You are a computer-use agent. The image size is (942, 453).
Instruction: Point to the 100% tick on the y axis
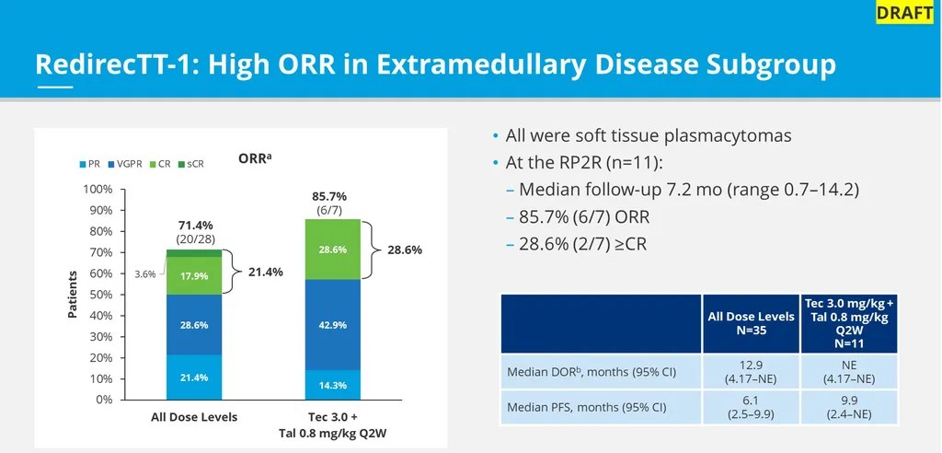[x=98, y=190]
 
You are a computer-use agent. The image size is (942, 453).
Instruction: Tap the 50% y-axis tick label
[x=100, y=295]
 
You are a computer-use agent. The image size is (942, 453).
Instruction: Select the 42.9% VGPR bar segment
[x=334, y=325]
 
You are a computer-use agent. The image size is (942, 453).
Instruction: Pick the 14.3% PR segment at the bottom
[x=334, y=385]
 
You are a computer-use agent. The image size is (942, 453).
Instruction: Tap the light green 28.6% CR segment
[x=334, y=250]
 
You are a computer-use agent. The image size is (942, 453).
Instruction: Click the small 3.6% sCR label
[x=146, y=273]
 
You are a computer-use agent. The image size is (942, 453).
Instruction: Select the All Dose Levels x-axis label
[x=194, y=417]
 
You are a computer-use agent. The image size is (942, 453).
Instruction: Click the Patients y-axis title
[x=73, y=295]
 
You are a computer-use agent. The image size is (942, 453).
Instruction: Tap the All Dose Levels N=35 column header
[x=751, y=323]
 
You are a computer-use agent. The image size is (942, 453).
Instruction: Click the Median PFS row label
[x=587, y=406]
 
